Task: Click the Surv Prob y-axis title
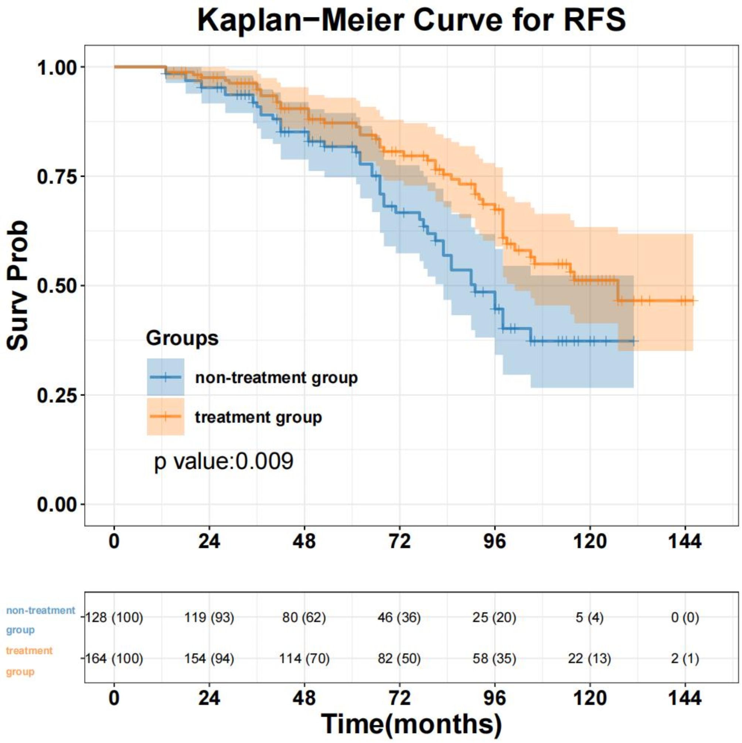(x=18, y=285)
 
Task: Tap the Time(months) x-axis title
(x=411, y=724)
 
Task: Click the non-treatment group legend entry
(x=276, y=378)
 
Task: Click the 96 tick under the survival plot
(x=494, y=542)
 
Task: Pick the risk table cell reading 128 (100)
(x=114, y=617)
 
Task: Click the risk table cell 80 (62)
(x=304, y=617)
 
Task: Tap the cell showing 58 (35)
(x=494, y=658)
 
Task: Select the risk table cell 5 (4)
(x=589, y=617)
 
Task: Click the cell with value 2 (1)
(x=685, y=658)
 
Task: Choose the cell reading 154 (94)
(x=209, y=658)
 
